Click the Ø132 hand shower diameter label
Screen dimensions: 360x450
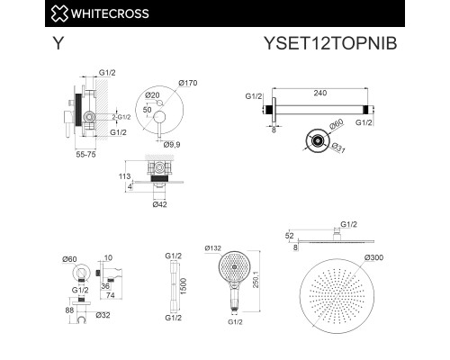click(x=214, y=247)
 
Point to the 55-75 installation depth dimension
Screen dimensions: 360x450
click(x=85, y=156)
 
